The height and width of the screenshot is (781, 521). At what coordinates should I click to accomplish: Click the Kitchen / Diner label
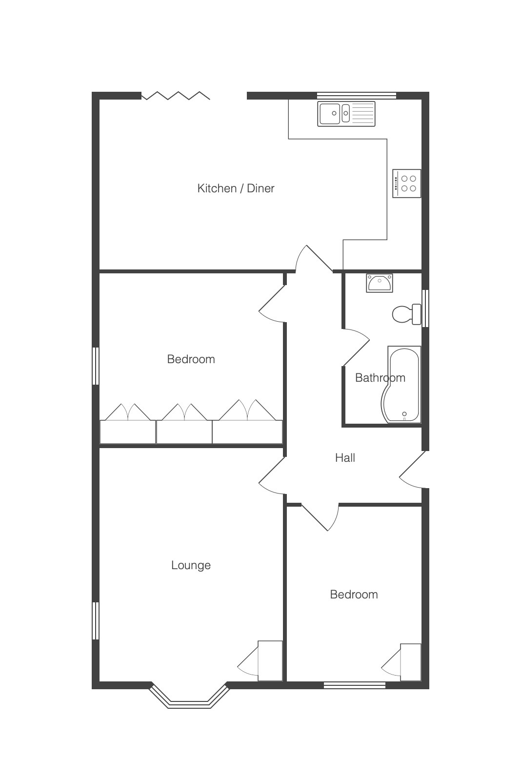pos(236,188)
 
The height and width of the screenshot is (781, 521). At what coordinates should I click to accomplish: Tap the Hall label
pos(345,458)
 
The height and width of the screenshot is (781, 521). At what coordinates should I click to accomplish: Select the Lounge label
pos(191,565)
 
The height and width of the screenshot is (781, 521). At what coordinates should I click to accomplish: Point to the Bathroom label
pos(380,378)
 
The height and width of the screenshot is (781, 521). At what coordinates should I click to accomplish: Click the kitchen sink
pos(346,114)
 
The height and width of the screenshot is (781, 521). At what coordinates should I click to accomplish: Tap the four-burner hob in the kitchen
pos(406,184)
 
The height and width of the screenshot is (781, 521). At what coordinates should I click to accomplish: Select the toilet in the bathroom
pos(407,314)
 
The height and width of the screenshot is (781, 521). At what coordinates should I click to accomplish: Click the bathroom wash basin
pos(380,283)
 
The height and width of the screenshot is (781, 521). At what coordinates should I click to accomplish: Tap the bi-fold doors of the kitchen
pos(176,96)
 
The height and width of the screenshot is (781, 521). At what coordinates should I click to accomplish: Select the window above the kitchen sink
pos(357,95)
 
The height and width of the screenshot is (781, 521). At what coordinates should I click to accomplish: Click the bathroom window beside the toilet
pos(425,308)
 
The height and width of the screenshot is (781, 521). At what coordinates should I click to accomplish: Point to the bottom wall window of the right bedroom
pos(355,685)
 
